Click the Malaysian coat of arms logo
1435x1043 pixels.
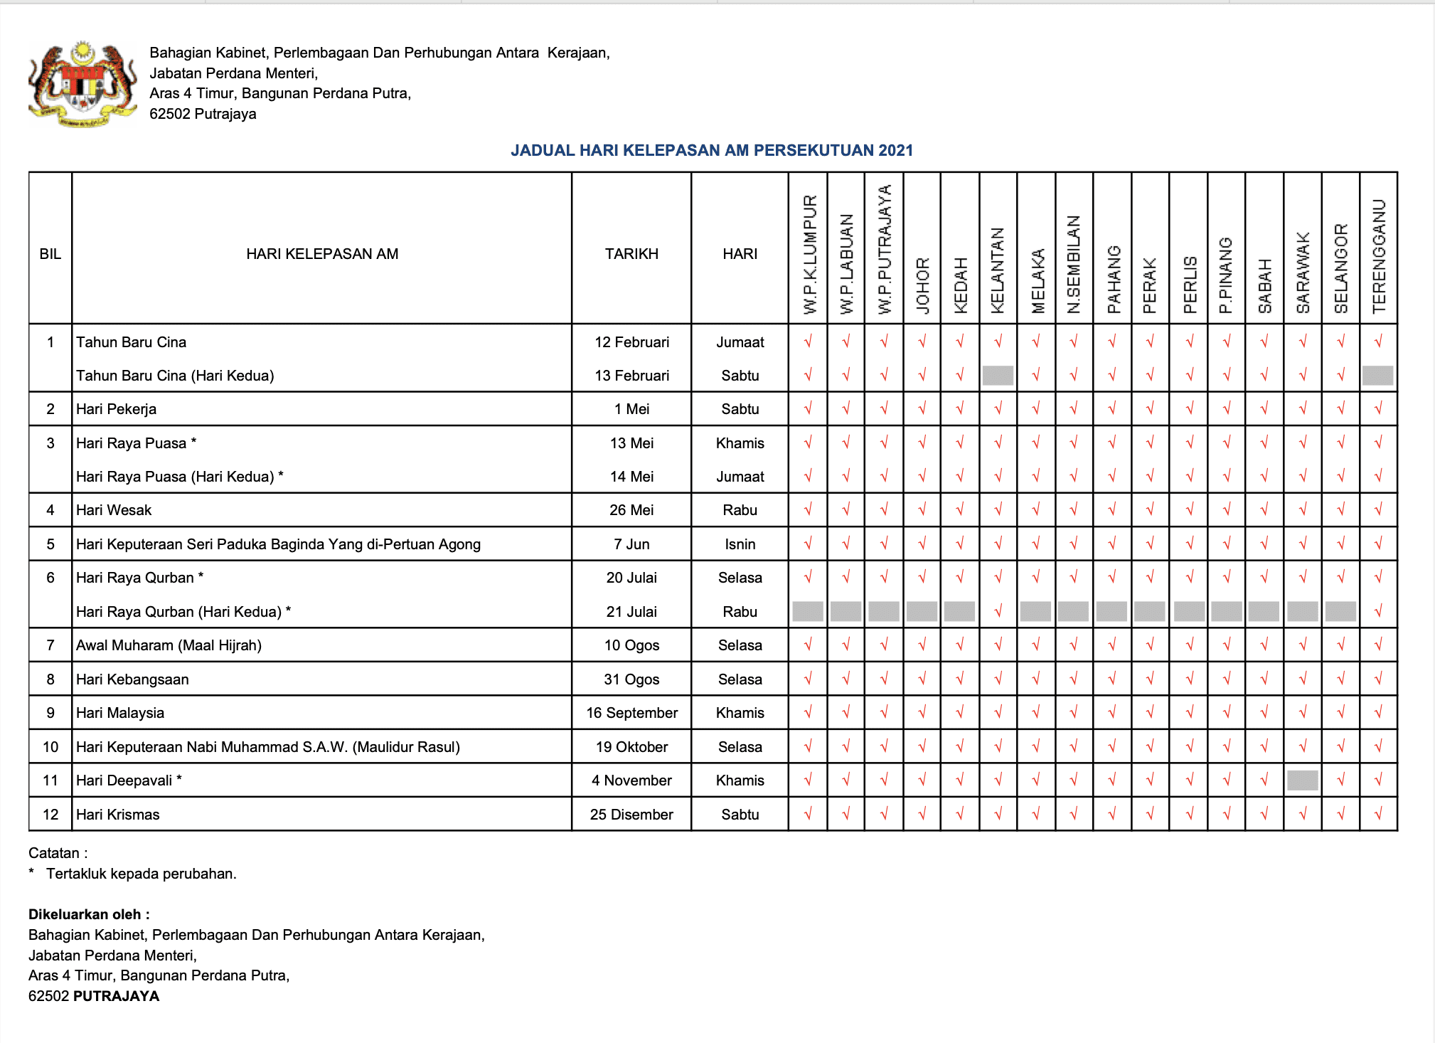point(82,84)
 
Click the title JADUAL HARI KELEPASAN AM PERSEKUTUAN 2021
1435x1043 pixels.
point(711,150)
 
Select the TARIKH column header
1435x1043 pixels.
point(631,254)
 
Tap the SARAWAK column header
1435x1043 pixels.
point(1303,272)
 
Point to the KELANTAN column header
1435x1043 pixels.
point(998,270)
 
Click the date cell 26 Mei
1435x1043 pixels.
point(631,510)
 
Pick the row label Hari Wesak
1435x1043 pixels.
point(114,510)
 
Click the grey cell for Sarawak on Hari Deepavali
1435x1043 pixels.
point(1303,780)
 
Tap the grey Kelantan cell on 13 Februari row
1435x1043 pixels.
point(998,376)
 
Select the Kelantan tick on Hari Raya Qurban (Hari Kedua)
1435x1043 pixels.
point(998,611)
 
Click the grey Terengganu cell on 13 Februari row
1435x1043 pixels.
point(1377,376)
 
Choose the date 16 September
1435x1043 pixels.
point(631,713)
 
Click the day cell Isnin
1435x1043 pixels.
point(740,544)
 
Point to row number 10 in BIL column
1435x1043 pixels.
point(50,747)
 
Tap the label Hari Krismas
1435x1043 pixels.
point(118,815)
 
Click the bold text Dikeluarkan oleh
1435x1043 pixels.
point(89,914)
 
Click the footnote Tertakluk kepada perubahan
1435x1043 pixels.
point(141,874)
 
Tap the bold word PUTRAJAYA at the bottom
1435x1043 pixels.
point(116,996)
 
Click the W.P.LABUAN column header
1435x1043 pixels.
point(846,264)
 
